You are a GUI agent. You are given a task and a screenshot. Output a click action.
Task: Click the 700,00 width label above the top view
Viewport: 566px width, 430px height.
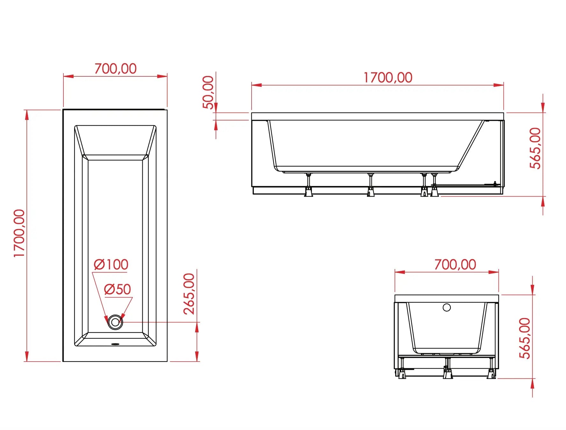pyautogui.click(x=115, y=69)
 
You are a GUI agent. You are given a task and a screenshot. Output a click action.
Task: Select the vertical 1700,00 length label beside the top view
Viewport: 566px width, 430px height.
pyautogui.click(x=19, y=233)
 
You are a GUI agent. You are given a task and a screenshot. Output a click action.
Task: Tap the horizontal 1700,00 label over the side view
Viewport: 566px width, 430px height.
pyautogui.click(x=388, y=78)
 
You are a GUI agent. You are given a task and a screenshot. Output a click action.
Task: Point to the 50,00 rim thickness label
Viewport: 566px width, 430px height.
pyautogui.click(x=208, y=92)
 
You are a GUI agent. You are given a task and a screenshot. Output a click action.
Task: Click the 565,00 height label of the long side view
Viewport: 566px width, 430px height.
pyautogui.click(x=535, y=148)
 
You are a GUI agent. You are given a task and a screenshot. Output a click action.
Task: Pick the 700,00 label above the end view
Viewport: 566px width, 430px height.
pyautogui.click(x=455, y=265)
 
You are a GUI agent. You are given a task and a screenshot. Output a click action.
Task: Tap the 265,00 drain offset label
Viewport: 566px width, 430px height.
pyautogui.click(x=189, y=294)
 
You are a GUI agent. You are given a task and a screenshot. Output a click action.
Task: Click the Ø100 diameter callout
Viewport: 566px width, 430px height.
pyautogui.click(x=111, y=265)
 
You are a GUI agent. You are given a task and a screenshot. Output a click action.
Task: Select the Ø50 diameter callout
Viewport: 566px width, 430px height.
pyautogui.click(x=118, y=289)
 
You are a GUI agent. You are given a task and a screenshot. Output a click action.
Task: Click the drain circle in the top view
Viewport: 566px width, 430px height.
pyautogui.click(x=115, y=322)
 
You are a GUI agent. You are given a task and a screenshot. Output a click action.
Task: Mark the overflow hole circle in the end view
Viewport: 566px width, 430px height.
pyautogui.click(x=447, y=308)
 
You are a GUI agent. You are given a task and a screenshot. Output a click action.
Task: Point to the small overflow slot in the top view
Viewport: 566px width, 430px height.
pyautogui.click(x=115, y=343)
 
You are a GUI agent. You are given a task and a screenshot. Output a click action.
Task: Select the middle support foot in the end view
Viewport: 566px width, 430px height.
pyautogui.click(x=448, y=373)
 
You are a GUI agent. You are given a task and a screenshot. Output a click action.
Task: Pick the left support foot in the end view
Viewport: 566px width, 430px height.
pyautogui.click(x=402, y=373)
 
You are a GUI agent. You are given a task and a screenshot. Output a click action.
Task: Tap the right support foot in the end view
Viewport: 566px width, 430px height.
pyautogui.click(x=491, y=373)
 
